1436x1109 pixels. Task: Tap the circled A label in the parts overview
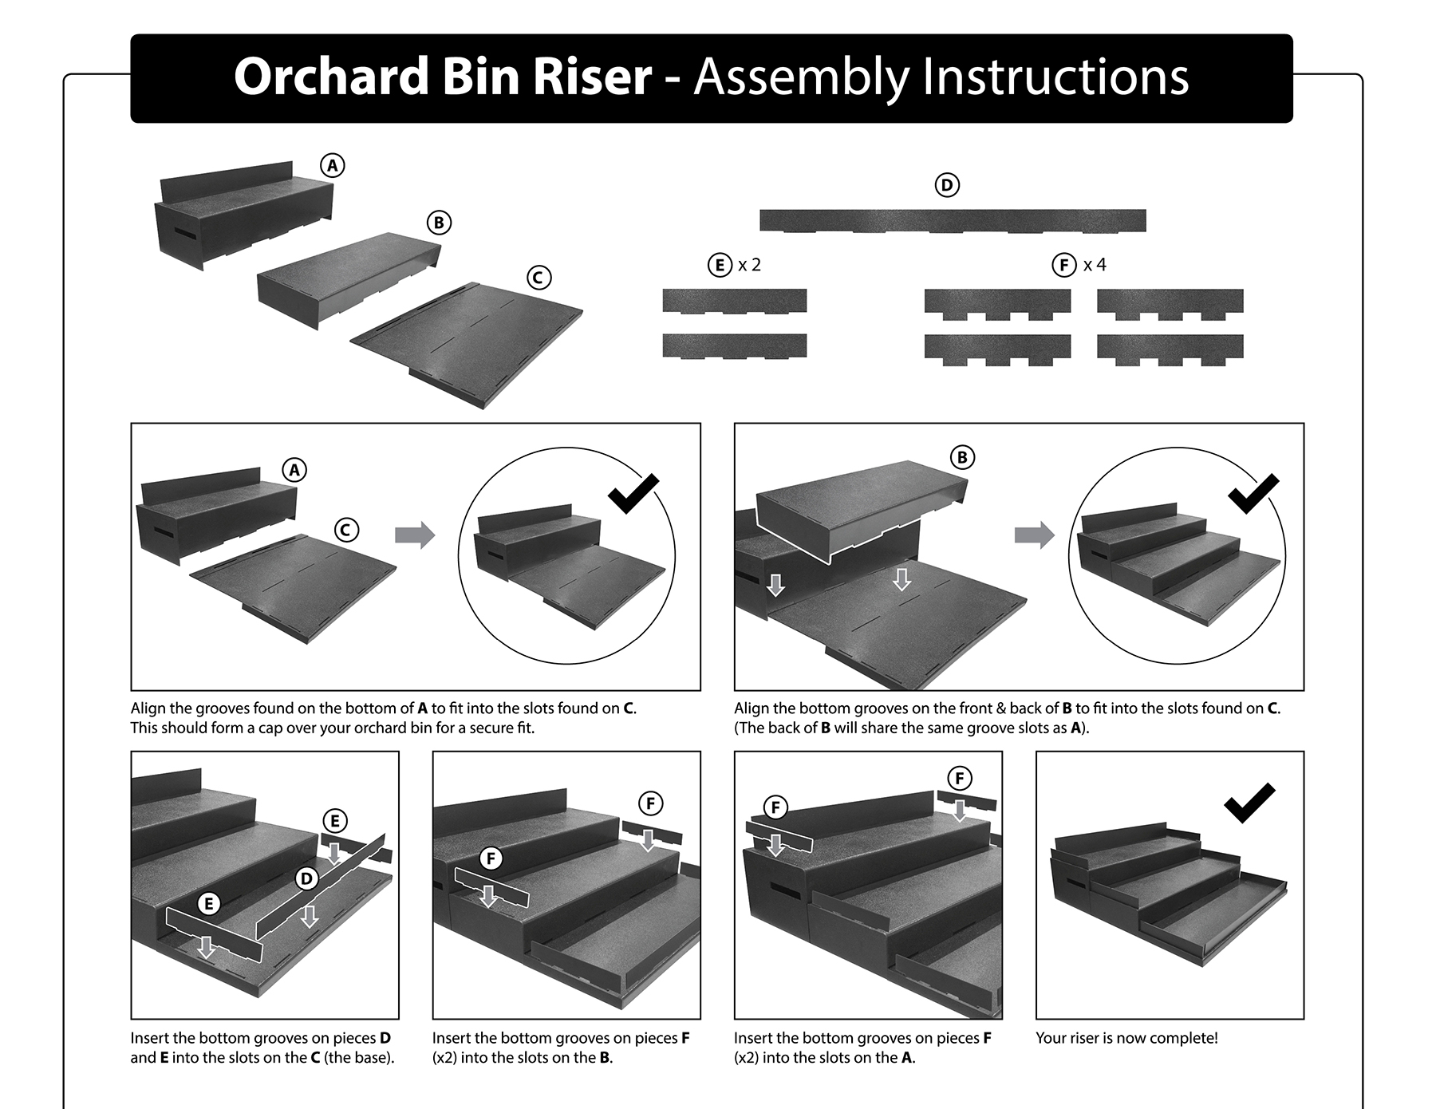pyautogui.click(x=332, y=165)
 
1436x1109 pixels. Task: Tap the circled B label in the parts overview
pyautogui.click(x=438, y=223)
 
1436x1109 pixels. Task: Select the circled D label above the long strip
pyautogui.click(x=946, y=185)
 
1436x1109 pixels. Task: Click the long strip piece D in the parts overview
pyautogui.click(x=952, y=220)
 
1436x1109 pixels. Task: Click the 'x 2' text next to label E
pyautogui.click(x=749, y=265)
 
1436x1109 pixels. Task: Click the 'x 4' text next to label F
pyautogui.click(x=1095, y=265)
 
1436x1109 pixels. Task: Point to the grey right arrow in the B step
pyautogui.click(x=1034, y=535)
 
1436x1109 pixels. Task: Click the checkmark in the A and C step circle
pyautogui.click(x=633, y=494)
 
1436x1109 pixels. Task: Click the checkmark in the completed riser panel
pyautogui.click(x=1249, y=803)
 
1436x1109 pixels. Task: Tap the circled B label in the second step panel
pyautogui.click(x=962, y=457)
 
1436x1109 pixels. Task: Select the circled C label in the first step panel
pyautogui.click(x=345, y=530)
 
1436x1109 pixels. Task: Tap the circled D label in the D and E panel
pyautogui.click(x=306, y=879)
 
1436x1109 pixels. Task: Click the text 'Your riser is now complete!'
pyautogui.click(x=1126, y=1038)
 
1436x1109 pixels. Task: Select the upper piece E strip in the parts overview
pyautogui.click(x=734, y=301)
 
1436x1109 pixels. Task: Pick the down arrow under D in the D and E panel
pyautogui.click(x=310, y=916)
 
